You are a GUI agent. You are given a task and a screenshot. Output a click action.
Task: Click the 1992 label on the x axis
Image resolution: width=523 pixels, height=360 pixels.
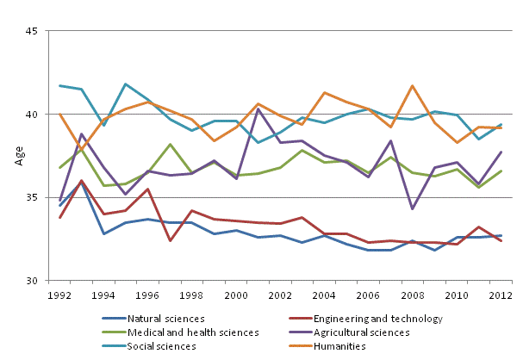coord(59,295)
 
